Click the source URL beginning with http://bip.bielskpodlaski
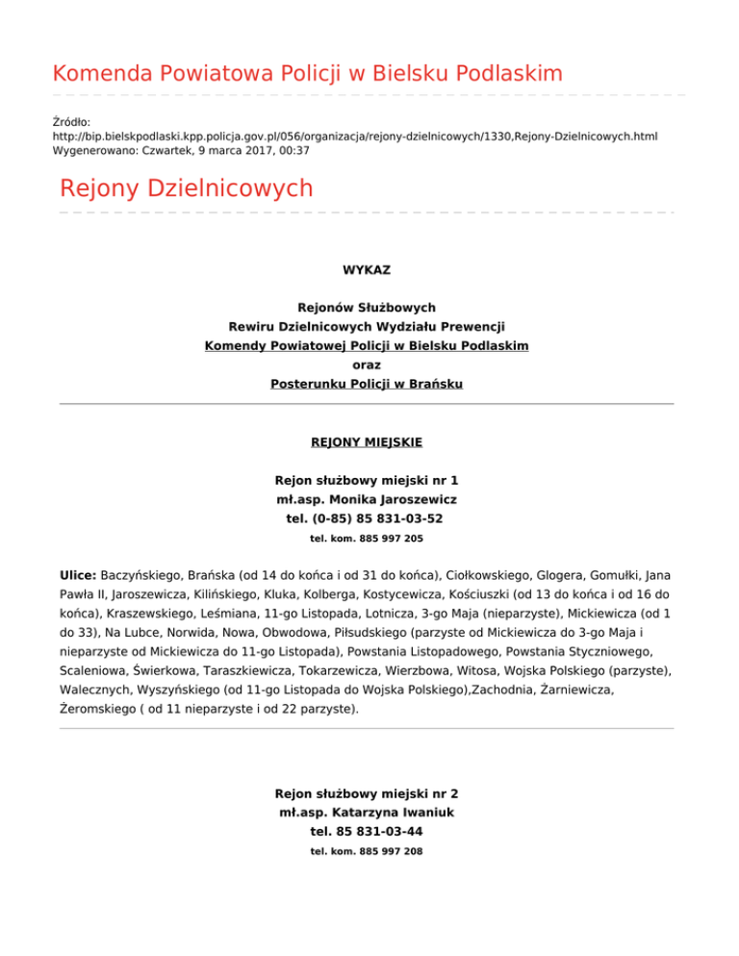coord(354,138)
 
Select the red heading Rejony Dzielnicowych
coord(186,188)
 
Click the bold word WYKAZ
coord(366,271)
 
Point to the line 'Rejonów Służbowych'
coord(366,308)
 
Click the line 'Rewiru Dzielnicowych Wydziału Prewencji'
coord(366,327)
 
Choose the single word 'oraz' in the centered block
coord(366,365)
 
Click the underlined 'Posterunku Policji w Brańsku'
coord(366,384)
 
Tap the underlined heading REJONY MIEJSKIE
coord(366,442)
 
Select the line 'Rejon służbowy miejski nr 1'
coord(366,480)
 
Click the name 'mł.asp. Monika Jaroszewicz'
coord(366,499)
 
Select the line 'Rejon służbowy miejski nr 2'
coord(366,793)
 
